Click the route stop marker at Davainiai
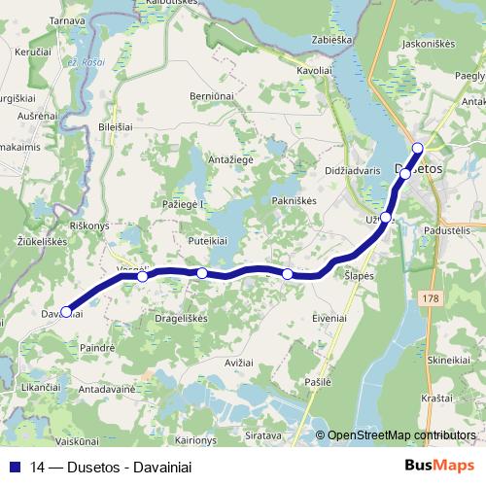(x=66, y=312)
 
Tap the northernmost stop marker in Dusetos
(x=418, y=148)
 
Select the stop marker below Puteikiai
(x=202, y=273)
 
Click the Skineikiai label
(x=449, y=360)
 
